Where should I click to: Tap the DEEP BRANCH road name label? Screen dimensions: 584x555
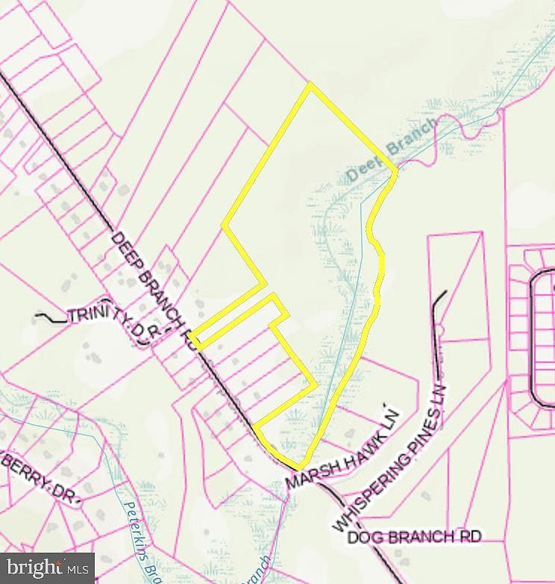(x=154, y=288)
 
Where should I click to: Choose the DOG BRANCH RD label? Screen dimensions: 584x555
(x=407, y=537)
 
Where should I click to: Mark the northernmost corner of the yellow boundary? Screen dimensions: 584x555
(x=310, y=84)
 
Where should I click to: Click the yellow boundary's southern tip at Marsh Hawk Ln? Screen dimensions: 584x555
(x=302, y=468)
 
